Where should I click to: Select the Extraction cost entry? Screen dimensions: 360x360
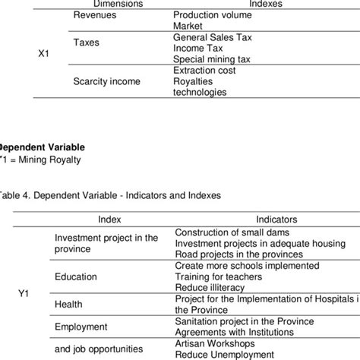tap(204, 70)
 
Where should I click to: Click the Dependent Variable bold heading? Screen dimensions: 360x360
tap(43, 147)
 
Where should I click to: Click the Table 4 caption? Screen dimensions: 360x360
tap(110, 194)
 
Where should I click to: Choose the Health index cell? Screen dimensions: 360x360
tap(68, 304)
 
